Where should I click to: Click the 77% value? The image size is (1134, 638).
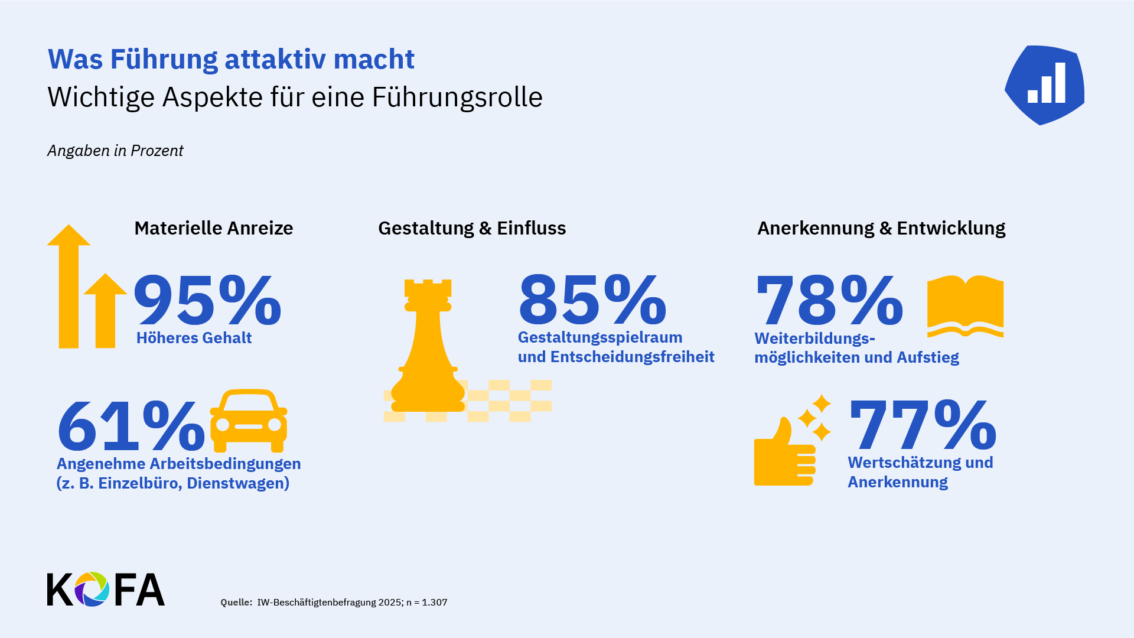point(923,425)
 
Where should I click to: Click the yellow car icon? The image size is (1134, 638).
point(249,421)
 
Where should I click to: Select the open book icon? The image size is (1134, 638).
point(965,305)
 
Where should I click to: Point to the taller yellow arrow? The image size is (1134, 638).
point(69,287)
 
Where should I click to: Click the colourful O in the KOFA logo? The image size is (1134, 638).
point(92,589)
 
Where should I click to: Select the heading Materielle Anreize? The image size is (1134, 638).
point(213,228)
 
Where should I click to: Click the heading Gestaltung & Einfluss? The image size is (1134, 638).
point(472,228)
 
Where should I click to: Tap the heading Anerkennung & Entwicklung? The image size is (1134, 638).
point(881,228)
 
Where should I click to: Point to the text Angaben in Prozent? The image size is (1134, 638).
point(115,151)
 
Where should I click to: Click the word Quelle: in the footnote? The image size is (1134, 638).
point(236,603)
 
